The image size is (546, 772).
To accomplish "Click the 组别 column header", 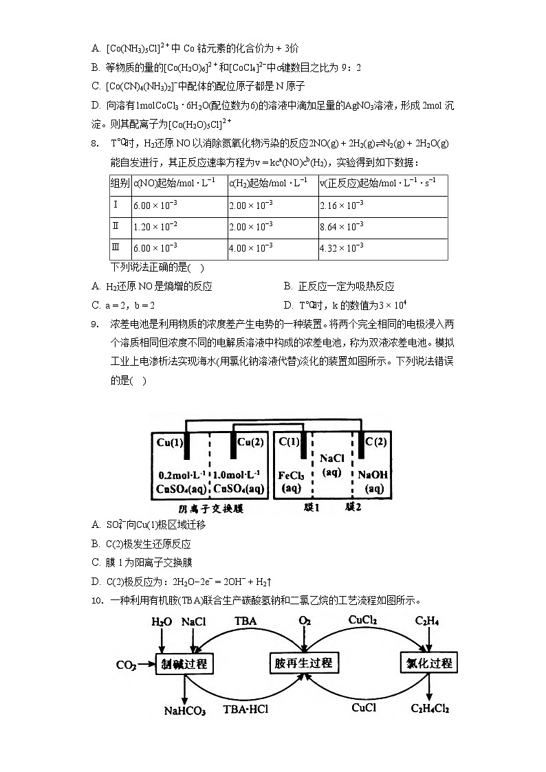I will pos(120,184).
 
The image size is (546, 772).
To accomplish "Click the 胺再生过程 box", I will pos(303,663).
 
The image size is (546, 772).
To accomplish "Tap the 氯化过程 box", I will pos(428,663).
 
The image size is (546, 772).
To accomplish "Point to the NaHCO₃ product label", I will pos(184,711).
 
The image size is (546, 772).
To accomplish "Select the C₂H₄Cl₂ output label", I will pos(430,708).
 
